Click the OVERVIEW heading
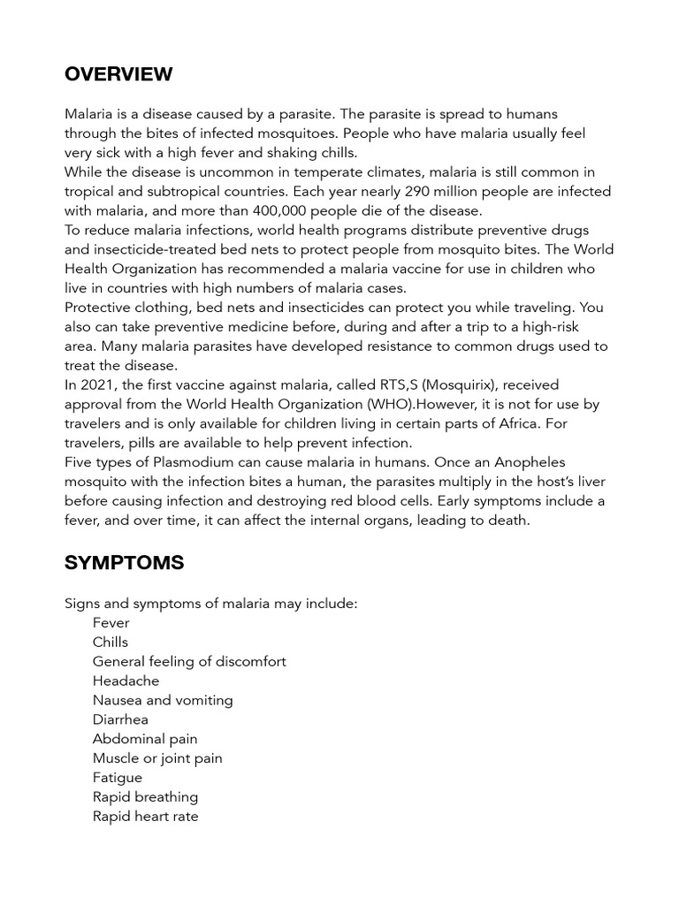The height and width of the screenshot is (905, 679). [118, 74]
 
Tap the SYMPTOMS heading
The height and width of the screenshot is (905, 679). [124, 563]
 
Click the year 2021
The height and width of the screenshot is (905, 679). [96, 385]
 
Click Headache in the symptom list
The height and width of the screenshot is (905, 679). [126, 681]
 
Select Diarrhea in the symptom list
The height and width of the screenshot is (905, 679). [120, 719]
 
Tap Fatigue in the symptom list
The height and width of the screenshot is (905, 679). [117, 778]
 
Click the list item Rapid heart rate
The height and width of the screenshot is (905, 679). [145, 817]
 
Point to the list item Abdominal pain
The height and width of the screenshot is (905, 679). [145, 739]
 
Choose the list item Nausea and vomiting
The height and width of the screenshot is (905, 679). [163, 700]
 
